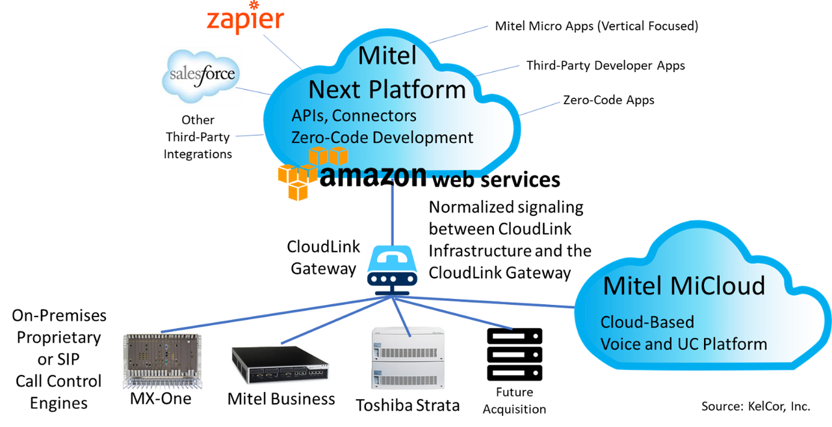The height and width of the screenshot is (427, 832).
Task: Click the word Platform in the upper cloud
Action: tap(423, 89)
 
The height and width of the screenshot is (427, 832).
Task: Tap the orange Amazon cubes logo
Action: tap(310, 171)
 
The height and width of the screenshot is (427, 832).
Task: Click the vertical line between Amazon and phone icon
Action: tap(392, 218)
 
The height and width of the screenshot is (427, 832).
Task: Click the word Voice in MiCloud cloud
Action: tap(620, 343)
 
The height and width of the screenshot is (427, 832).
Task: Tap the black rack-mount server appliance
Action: tap(281, 367)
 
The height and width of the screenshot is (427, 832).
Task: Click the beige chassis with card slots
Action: tap(161, 360)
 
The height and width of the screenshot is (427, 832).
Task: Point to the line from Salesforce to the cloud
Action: tap(253, 91)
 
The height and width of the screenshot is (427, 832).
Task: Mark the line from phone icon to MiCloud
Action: tap(494, 302)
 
